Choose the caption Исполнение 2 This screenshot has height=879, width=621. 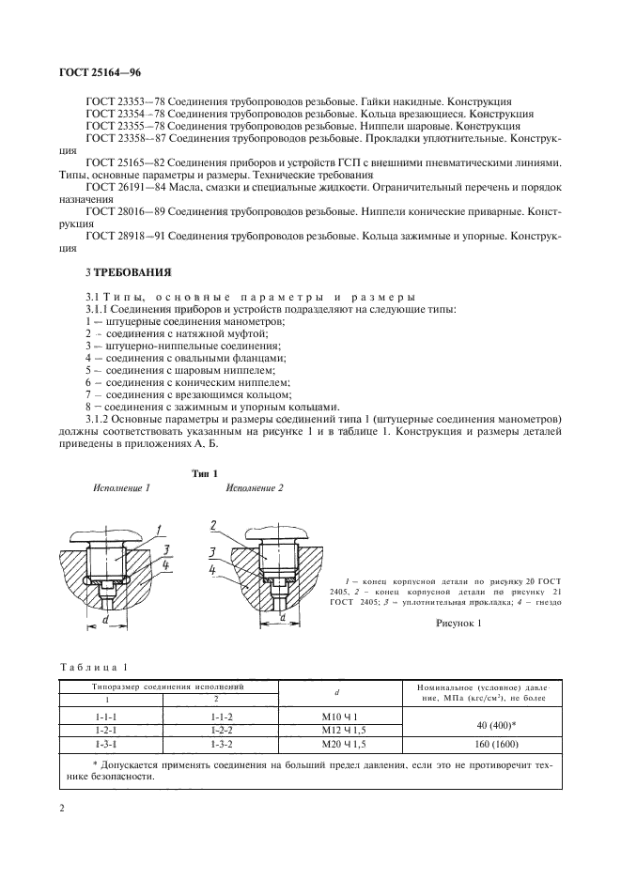coord(255,488)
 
